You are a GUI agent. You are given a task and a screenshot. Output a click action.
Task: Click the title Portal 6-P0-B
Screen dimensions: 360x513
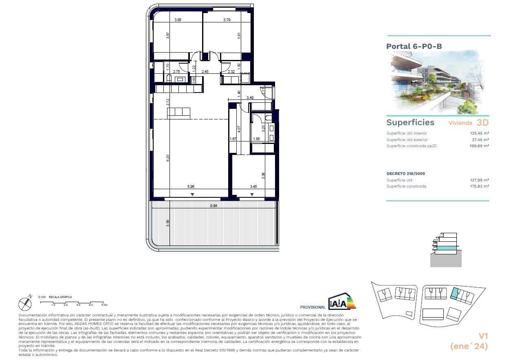[x=414, y=46]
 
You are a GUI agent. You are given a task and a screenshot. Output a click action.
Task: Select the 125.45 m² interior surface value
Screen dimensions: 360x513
[x=480, y=133]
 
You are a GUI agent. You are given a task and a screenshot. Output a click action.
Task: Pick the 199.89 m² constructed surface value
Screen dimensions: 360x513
[x=480, y=146]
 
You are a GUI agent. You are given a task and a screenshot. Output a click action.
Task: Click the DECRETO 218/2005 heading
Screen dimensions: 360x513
[x=405, y=174]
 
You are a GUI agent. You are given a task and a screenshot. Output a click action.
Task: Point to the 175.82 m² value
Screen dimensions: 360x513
[x=480, y=186]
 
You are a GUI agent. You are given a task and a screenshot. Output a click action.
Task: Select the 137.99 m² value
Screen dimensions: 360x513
[x=480, y=180]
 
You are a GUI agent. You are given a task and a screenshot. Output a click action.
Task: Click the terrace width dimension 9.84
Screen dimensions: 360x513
[x=214, y=206]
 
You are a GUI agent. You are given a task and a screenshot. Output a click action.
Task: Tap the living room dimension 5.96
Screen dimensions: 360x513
[x=191, y=187]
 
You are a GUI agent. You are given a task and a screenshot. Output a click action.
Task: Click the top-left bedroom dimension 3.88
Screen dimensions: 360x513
[x=178, y=20]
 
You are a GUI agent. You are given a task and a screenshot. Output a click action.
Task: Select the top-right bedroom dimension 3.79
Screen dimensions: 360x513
[x=227, y=20]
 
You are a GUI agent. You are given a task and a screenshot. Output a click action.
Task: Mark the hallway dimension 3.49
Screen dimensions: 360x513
[x=251, y=98]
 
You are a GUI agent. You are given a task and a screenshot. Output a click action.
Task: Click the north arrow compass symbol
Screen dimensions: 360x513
[x=25, y=303]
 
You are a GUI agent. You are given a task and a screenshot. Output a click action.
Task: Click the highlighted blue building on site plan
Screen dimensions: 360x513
[x=456, y=293]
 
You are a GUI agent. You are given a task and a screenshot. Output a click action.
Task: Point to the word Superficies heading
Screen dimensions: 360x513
[x=410, y=123]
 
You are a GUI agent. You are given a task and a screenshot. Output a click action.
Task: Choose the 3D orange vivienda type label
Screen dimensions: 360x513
[x=483, y=122]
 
